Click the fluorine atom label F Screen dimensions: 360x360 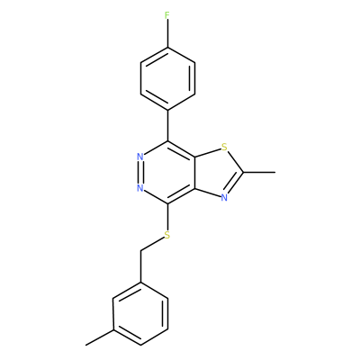(x=167, y=15)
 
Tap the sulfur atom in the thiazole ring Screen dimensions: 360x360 (x=224, y=148)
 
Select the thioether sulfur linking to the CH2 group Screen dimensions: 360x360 (x=167, y=236)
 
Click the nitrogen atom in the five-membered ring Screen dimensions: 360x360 (x=224, y=198)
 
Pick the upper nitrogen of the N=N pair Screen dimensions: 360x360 (x=139, y=157)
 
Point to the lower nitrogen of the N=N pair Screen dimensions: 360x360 (x=139, y=188)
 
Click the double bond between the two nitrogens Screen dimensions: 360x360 (x=140, y=173)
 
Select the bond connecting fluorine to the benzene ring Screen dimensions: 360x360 (x=167, y=33)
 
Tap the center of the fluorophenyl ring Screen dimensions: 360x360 (x=167, y=78)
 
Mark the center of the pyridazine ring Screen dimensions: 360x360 (x=167, y=173)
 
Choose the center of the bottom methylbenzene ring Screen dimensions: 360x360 (x=140, y=313)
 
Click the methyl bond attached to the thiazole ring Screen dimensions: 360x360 (x=259, y=173)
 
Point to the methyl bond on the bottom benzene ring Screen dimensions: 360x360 (x=99, y=337)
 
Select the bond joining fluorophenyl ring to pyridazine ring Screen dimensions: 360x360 (x=167, y=125)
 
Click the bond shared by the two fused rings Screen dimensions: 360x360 (x=195, y=173)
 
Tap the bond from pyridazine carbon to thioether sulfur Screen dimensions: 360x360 (x=167, y=218)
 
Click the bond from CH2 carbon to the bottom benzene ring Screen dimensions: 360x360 (x=140, y=266)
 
